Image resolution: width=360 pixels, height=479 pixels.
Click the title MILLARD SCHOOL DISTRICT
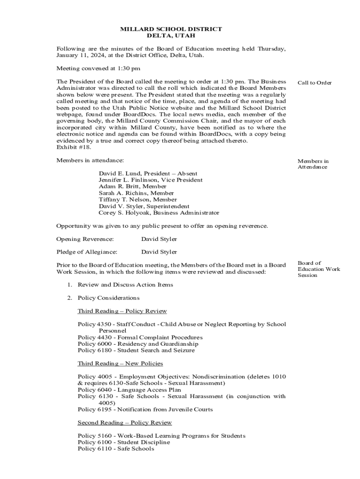pyautogui.click(x=171, y=29)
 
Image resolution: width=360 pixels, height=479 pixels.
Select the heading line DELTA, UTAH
pyautogui.click(x=171, y=36)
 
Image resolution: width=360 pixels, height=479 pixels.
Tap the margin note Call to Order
pyautogui.click(x=315, y=83)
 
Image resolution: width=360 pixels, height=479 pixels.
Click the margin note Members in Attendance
pyautogui.click(x=313, y=164)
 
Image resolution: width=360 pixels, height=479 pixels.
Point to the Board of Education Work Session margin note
pyautogui.click(x=319, y=269)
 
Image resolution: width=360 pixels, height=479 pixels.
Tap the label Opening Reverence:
pyautogui.click(x=85, y=239)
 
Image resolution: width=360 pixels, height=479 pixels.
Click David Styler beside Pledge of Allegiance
pyautogui.click(x=159, y=252)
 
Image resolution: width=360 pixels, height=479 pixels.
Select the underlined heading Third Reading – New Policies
pyautogui.click(x=120, y=363)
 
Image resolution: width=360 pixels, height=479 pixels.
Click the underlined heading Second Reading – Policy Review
pyautogui.click(x=125, y=422)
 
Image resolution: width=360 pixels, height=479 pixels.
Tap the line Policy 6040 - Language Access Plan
pyautogui.click(x=129, y=390)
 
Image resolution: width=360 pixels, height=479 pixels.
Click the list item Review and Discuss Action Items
pyautogui.click(x=125, y=284)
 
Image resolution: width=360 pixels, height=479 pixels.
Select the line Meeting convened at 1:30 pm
pyautogui.click(x=98, y=68)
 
